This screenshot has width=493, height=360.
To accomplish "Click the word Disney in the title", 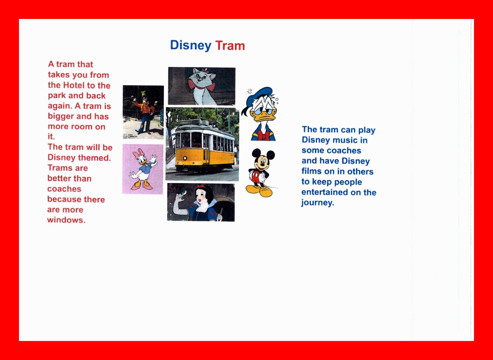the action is tap(191, 46).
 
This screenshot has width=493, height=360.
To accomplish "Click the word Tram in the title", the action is tap(230, 46).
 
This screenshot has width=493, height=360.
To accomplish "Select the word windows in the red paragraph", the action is tap(66, 220).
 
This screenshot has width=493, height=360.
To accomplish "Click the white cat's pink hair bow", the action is tap(206, 71).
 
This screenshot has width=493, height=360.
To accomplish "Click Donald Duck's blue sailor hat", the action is tap(259, 95).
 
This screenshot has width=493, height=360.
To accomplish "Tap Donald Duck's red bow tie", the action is tap(263, 135).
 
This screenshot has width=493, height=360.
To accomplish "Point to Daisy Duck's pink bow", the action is tap(138, 154).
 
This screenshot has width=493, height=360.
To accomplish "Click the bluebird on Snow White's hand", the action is tap(183, 193).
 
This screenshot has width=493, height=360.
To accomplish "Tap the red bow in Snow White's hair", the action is tap(201, 186).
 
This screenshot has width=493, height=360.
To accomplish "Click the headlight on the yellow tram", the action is tap(185, 158).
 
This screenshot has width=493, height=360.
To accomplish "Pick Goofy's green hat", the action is tap(143, 93).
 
